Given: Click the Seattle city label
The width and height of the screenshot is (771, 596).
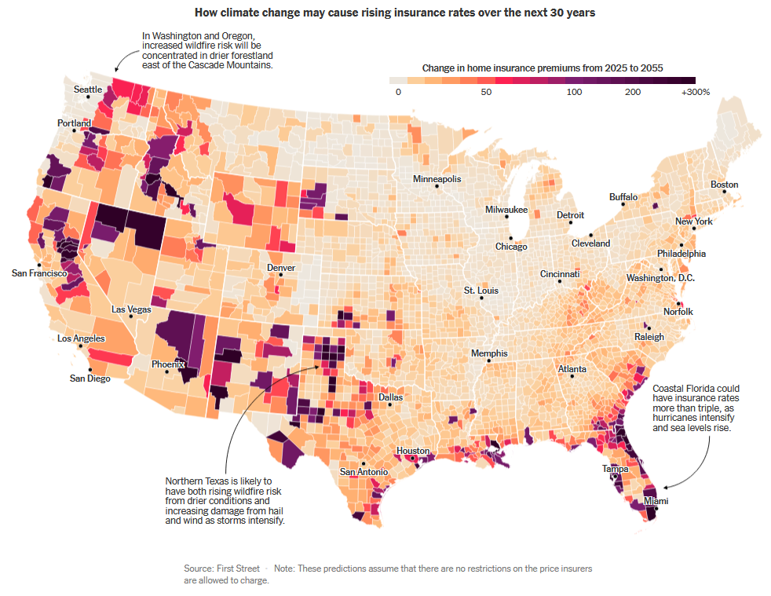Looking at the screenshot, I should click(x=88, y=90).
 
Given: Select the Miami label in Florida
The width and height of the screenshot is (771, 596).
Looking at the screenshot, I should click(x=656, y=501).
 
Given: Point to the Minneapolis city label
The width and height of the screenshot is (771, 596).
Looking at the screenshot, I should click(x=437, y=179).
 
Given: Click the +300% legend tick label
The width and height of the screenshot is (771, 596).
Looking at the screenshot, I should click(x=696, y=92).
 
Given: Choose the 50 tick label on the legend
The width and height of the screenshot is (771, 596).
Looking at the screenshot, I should click(x=486, y=92).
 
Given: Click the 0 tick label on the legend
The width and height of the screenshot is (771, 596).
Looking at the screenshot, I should click(x=398, y=92).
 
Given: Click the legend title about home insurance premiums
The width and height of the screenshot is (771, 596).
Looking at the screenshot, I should click(x=543, y=68).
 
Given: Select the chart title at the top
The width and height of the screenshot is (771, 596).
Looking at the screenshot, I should click(x=385, y=13).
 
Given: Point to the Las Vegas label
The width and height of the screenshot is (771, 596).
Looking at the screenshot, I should click(x=131, y=309).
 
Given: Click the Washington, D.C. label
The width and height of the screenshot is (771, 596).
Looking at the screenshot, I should click(x=660, y=278).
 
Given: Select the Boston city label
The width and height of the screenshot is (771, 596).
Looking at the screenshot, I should click(x=725, y=185).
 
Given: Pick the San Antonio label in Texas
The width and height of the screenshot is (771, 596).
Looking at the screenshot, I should click(x=364, y=472).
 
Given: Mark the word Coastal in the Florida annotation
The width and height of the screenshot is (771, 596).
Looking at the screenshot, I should click(x=670, y=389).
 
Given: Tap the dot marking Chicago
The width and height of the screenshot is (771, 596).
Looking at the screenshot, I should click(x=510, y=238).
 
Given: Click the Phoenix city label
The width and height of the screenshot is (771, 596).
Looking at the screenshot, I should click(x=168, y=364).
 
